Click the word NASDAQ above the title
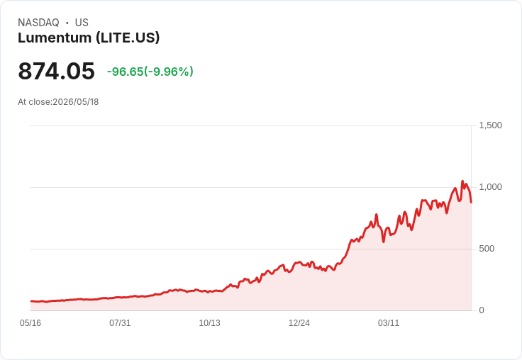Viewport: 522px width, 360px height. pos(38,23)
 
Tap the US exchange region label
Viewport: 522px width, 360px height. pos(82,23)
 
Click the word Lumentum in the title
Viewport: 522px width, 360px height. pos(55,38)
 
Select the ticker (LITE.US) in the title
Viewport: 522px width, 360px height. pos(128,38)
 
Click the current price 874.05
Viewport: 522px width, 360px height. pos(56,71)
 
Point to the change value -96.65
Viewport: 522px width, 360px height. pos(125,72)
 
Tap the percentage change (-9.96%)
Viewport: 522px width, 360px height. pos(169,72)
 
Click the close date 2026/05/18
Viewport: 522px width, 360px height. pos(76,102)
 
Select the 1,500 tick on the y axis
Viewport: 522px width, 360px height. pos(490,125)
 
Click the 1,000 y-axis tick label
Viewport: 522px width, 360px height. pos(490,187)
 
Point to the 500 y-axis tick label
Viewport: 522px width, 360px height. pos(487,249)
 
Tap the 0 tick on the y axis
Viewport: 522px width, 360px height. pos(482,310)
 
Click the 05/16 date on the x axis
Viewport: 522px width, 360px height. pos(30,323)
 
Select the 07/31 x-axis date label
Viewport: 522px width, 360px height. pos(120,323)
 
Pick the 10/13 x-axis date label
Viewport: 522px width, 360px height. pos(209,323)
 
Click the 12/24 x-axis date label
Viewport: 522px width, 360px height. pos(299,323)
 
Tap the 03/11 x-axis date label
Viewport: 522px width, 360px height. pos(389,323)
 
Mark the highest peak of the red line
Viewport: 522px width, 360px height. pos(462,181)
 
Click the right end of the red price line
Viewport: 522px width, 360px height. pos(471,202)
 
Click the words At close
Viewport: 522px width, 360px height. pos(34,102)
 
